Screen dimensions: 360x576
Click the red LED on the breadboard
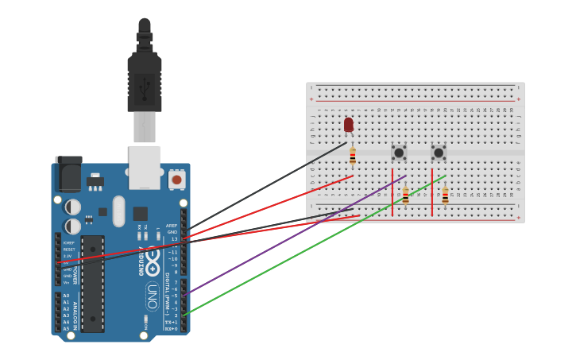coord(348,124)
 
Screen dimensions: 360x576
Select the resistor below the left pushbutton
coord(405,195)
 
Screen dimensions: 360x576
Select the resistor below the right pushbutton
coord(445,195)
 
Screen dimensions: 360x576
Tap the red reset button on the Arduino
coord(176,180)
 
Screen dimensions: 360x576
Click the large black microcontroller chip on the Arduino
coord(93,284)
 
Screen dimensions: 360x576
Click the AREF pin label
coord(172,225)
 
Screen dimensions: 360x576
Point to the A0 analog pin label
coord(66,296)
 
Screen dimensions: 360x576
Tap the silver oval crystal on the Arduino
coord(119,211)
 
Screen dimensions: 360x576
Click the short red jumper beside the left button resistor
coord(392,192)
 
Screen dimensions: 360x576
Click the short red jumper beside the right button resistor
coord(432,192)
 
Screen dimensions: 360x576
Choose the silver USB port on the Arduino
coord(145,167)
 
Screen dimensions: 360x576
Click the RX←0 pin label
coord(171,328)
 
